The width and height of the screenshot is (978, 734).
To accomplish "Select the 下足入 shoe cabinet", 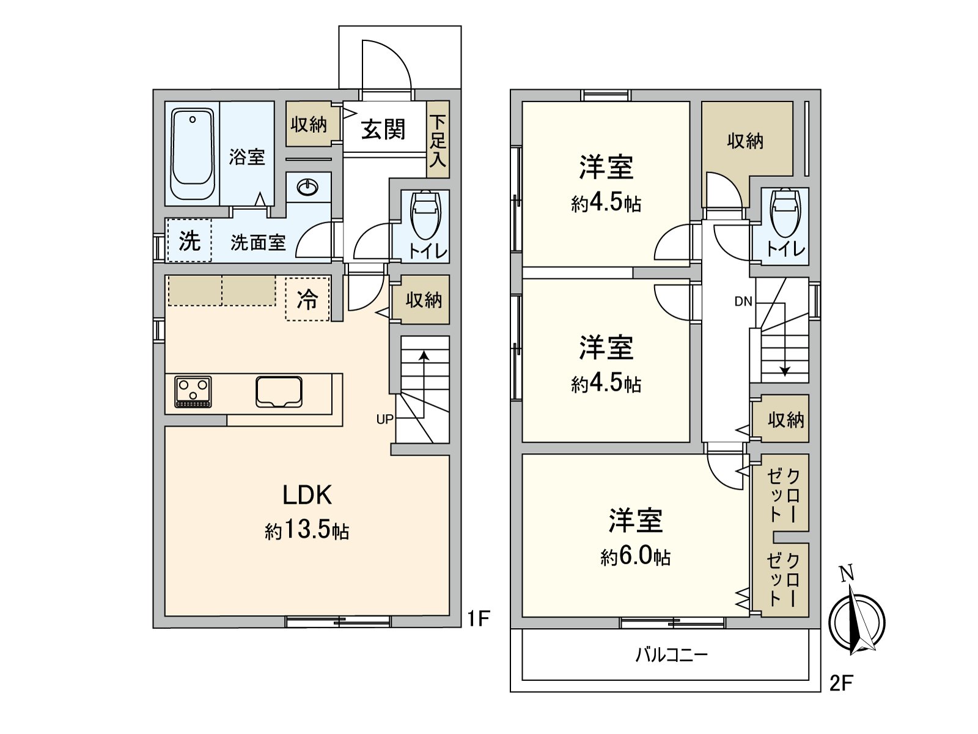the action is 438,140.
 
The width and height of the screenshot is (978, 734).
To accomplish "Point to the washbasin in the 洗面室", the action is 308,187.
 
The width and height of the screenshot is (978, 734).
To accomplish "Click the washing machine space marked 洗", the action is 189,241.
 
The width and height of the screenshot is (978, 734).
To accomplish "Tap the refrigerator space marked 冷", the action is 307,298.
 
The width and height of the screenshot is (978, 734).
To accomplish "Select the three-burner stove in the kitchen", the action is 193,391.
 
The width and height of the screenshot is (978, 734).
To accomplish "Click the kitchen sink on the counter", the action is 279,391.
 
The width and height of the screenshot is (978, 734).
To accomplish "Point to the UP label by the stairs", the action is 385,420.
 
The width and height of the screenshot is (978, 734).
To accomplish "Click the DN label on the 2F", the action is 743,302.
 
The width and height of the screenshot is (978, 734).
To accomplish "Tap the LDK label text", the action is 307,495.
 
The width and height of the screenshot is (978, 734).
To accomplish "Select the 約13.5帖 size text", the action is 307,531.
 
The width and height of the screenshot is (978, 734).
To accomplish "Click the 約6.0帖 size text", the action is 635,556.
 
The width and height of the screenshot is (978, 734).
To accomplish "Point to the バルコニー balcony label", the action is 671,655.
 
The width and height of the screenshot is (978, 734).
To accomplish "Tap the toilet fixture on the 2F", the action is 785,213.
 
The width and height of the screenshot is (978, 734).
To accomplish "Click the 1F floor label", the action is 479,618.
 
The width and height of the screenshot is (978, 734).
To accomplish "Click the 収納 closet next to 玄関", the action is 309,124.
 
